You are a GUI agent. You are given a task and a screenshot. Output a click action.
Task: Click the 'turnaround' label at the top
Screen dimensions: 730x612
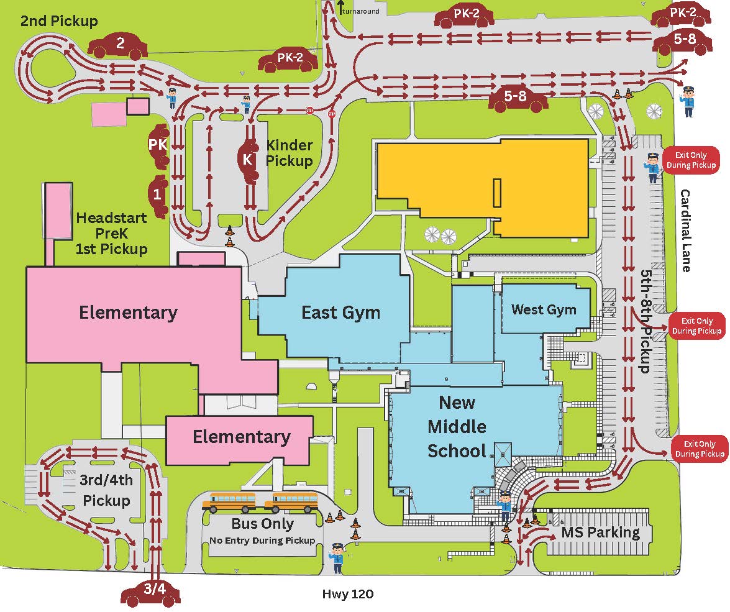[361, 11]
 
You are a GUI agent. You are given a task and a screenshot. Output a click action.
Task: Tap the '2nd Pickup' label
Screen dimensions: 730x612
[59, 21]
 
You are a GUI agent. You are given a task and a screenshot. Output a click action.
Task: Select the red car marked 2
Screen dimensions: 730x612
[118, 45]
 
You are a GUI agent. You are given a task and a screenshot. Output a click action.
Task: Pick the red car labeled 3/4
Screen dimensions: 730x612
[151, 593]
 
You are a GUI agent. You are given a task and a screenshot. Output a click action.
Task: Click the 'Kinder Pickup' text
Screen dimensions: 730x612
[290, 153]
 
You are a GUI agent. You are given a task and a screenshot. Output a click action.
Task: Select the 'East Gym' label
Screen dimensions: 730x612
[341, 312]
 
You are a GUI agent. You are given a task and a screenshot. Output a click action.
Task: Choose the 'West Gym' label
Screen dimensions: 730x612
[544, 309]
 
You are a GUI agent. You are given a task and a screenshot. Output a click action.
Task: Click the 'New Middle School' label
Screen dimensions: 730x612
[457, 427]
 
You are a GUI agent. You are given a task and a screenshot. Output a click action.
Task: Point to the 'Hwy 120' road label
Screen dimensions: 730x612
[348, 594]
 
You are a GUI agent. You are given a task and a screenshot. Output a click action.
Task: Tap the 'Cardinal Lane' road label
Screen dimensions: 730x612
[685, 231]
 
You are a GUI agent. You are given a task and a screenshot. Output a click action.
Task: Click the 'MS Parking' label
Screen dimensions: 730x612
[601, 532]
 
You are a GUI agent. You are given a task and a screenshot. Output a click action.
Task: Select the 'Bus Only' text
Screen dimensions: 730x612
[263, 524]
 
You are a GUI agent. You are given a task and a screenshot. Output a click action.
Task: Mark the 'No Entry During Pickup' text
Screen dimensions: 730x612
[262, 541]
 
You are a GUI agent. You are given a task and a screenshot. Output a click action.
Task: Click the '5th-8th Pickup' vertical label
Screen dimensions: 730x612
[646, 321]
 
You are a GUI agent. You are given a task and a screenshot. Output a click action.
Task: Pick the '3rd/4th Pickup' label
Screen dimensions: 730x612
[106, 490]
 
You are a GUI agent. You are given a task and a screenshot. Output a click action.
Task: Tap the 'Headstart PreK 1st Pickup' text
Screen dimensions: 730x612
[111, 234]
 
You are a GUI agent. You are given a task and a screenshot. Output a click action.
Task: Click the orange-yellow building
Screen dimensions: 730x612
[483, 186]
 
